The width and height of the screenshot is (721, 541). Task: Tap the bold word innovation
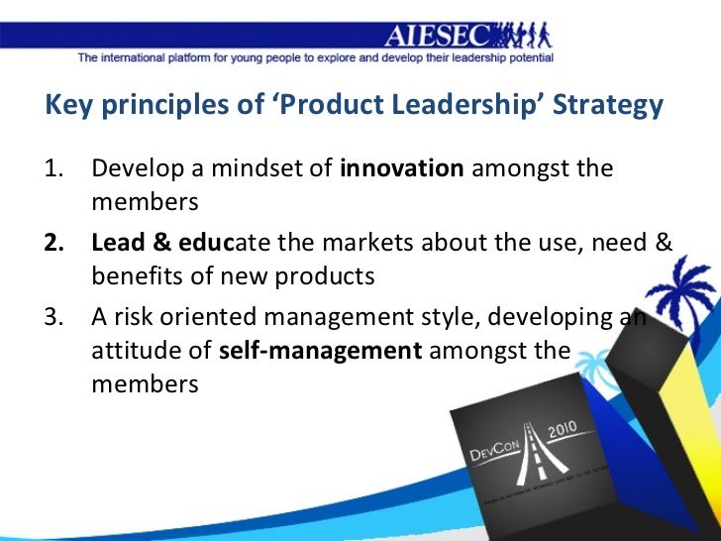click(401, 167)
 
